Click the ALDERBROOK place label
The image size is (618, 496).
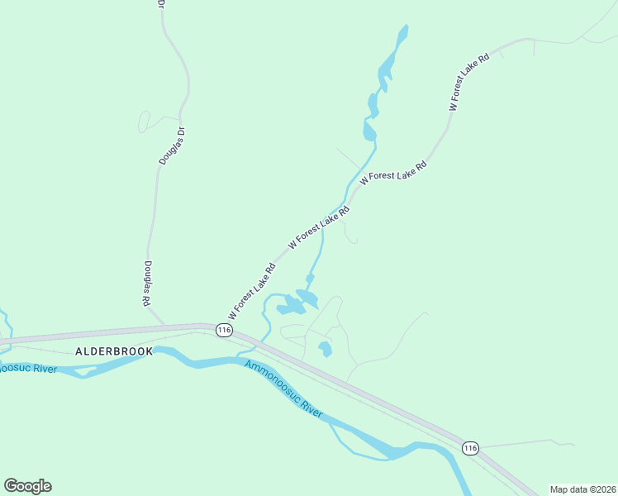pyautogui.click(x=114, y=351)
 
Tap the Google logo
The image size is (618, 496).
pyautogui.click(x=27, y=486)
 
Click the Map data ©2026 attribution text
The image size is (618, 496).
pyautogui.click(x=582, y=489)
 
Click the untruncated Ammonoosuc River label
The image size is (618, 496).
pyautogui.click(x=283, y=387)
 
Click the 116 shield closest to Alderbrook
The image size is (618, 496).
pyautogui.click(x=223, y=330)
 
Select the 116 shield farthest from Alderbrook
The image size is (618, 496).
pyautogui.click(x=470, y=448)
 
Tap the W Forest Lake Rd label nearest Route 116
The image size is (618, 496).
pyautogui.click(x=252, y=292)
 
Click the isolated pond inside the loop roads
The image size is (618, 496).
pyautogui.click(x=326, y=349)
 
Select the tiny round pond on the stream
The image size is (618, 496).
pyautogui.click(x=310, y=278)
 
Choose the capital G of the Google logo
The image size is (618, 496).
pyautogui.click(x=11, y=485)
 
